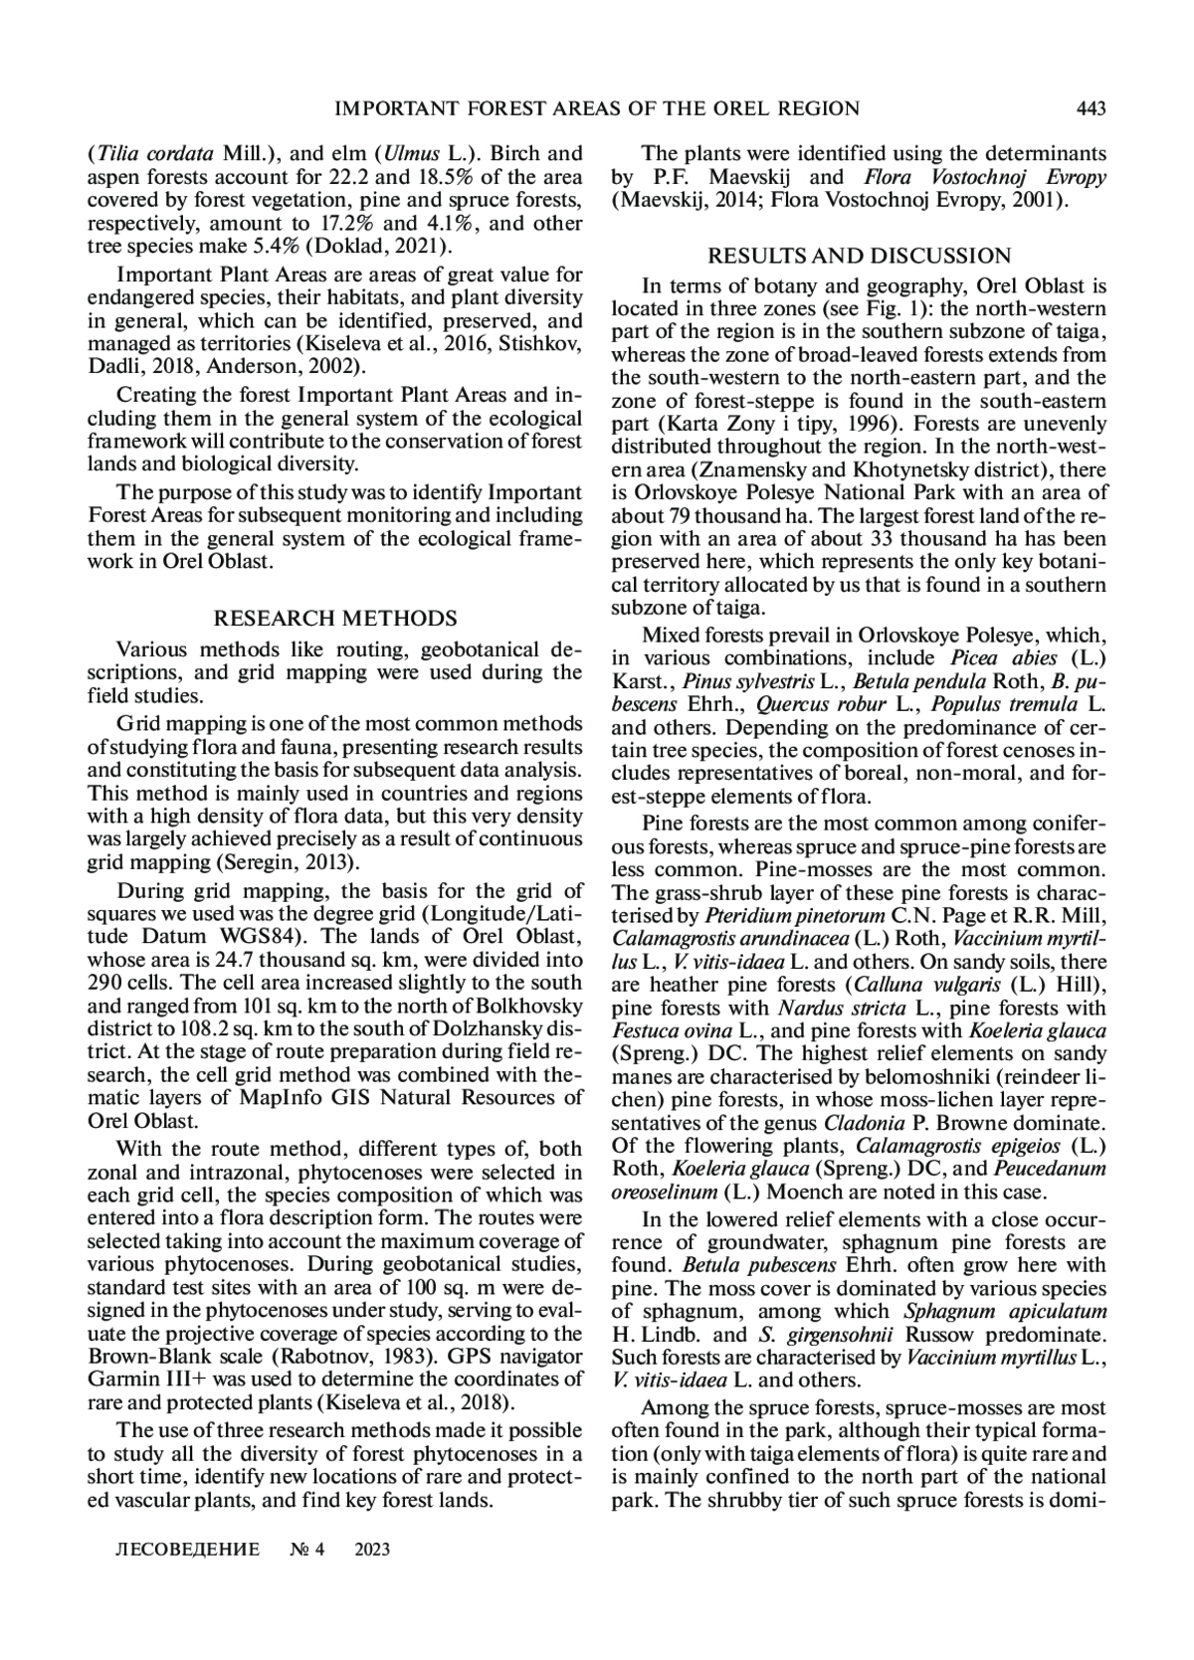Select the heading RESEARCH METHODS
(335, 619)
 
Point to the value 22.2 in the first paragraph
(346, 177)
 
